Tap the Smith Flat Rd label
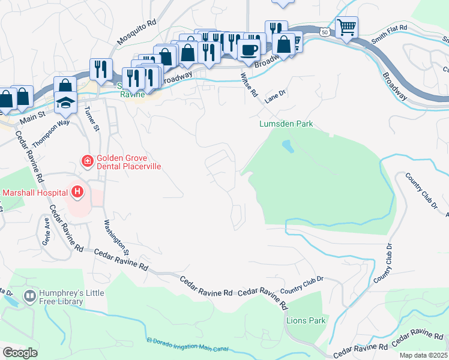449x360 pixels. tap(389, 35)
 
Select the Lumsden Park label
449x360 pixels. tap(286, 124)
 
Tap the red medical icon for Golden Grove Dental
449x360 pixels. tap(87, 161)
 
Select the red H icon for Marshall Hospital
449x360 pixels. tap(77, 192)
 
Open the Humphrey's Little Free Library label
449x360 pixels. tap(71, 297)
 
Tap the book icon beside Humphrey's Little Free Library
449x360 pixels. tap(29, 296)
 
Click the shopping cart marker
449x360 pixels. tap(346, 27)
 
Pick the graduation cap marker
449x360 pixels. tap(65, 102)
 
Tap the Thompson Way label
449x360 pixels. tap(52, 128)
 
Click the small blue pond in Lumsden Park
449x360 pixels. tap(288, 146)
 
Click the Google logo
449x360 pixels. tap(20, 352)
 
